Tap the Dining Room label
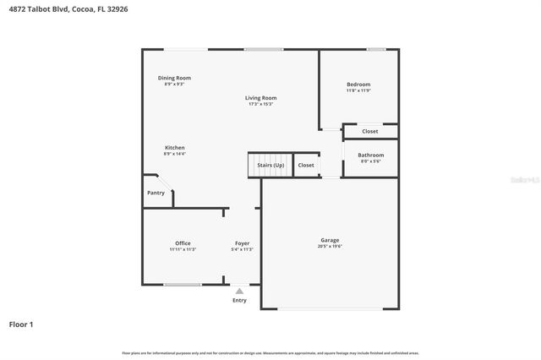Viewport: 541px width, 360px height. (174, 79)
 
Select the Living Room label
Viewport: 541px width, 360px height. (260, 98)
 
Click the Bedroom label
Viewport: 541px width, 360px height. (358, 85)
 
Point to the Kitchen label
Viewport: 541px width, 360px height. (174, 148)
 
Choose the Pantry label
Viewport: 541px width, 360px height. (156, 193)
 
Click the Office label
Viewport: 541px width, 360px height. (183, 243)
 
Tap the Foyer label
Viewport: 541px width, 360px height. (243, 243)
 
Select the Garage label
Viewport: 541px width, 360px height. (330, 240)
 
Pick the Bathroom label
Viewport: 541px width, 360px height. (370, 155)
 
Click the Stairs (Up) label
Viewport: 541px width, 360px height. (270, 165)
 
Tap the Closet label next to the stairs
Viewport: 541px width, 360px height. (306, 165)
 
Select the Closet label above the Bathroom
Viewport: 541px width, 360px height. (370, 131)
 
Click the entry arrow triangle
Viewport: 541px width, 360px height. (239, 291)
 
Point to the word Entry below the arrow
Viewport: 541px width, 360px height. (239, 300)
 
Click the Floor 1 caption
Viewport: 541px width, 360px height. (21, 324)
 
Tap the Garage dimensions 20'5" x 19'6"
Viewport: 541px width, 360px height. (330, 246)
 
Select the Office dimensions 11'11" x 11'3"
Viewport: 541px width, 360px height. (183, 249)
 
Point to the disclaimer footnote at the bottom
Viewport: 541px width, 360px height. (270, 352)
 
